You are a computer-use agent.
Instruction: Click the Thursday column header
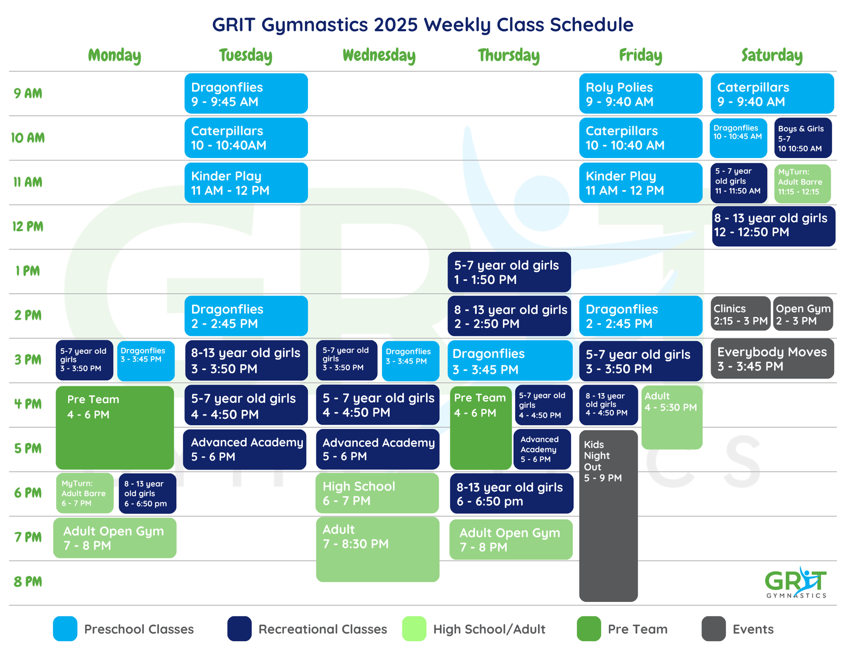(508, 55)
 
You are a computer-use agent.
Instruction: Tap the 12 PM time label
(28, 226)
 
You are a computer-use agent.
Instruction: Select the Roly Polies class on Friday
(640, 94)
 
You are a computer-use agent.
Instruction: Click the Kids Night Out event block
(608, 515)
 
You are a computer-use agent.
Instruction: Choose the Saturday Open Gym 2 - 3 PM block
(803, 314)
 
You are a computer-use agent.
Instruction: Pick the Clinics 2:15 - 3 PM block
(740, 314)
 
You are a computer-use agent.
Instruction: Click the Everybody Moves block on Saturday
(772, 359)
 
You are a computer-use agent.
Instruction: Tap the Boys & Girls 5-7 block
(802, 138)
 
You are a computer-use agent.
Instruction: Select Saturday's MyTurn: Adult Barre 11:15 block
(802, 183)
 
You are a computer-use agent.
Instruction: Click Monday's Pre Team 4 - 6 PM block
(115, 428)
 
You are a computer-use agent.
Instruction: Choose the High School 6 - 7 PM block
(377, 493)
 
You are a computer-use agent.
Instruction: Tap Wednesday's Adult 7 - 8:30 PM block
(377, 549)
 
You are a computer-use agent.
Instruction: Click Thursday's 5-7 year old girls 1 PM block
(509, 272)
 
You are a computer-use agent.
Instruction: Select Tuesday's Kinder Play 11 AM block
(246, 183)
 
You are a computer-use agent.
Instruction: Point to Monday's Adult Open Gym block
(115, 538)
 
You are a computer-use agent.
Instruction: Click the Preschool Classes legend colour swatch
(65, 629)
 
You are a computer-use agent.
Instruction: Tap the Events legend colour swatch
(713, 629)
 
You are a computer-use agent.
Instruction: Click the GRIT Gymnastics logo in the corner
(796, 583)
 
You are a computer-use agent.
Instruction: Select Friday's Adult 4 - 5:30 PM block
(672, 417)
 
